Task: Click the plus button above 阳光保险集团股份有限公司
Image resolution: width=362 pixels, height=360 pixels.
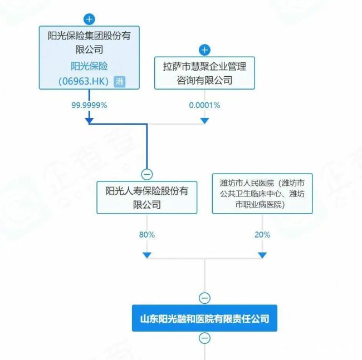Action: click(x=89, y=19)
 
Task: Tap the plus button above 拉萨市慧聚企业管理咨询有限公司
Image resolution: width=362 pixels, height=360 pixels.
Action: click(x=204, y=50)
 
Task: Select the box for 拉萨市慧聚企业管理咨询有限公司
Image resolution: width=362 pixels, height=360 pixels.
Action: click(x=204, y=73)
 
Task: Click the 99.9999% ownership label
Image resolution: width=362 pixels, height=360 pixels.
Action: click(x=89, y=105)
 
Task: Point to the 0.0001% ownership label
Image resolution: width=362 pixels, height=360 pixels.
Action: click(x=204, y=105)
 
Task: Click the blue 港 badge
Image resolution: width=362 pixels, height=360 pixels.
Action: click(x=120, y=82)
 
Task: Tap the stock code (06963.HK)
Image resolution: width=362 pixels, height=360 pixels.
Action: click(x=84, y=81)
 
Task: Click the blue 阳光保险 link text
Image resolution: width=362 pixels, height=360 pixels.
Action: click(x=89, y=66)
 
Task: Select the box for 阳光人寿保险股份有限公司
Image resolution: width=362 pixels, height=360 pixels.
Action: click(x=147, y=198)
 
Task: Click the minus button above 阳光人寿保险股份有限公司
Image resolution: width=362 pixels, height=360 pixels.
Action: click(x=147, y=174)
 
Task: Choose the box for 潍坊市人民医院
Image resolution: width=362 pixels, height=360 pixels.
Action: click(x=262, y=194)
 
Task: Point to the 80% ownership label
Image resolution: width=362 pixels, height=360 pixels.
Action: click(x=147, y=235)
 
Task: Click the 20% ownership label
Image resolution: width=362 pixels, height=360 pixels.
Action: click(x=262, y=235)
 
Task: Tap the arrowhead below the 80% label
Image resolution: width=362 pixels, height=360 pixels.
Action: click(x=147, y=255)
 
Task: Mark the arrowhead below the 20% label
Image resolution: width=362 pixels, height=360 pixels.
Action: click(x=262, y=255)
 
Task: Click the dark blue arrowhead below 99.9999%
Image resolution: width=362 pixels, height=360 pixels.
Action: click(x=89, y=121)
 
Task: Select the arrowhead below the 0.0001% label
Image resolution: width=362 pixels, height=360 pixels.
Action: click(x=204, y=121)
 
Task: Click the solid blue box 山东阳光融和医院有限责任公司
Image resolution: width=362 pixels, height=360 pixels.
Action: click(x=204, y=318)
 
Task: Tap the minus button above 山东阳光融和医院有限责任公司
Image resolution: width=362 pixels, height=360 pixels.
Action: click(x=204, y=298)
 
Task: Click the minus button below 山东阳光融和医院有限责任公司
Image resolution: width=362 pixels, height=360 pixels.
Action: click(x=204, y=338)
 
